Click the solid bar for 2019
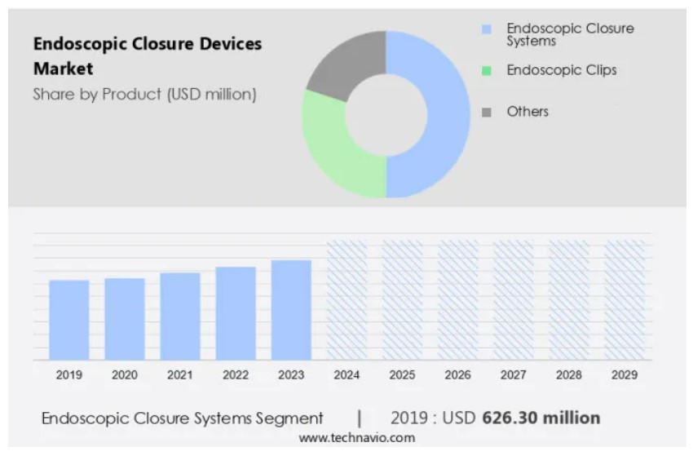(x=69, y=319)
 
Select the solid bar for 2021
(x=180, y=316)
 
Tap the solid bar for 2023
(x=291, y=309)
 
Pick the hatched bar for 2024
(x=346, y=299)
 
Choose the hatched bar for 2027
(x=513, y=299)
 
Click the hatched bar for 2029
(x=624, y=299)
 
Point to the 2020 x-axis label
(x=125, y=375)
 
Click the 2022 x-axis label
(x=236, y=375)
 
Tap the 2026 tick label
(x=457, y=375)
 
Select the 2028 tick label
(x=568, y=375)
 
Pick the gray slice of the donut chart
(x=346, y=65)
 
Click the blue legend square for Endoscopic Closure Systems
(x=487, y=29)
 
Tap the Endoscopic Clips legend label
(x=562, y=70)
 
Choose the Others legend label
(x=527, y=111)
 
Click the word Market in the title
(x=63, y=69)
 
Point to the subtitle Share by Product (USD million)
(x=144, y=95)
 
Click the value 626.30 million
(x=541, y=418)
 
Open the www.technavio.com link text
(x=356, y=438)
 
